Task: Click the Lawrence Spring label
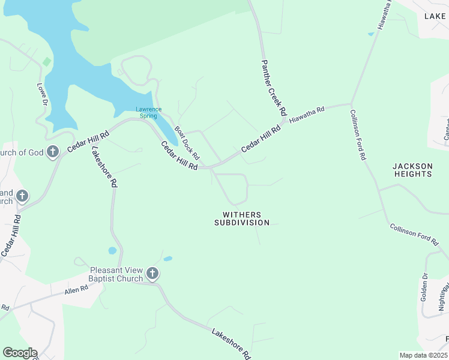(x=148, y=112)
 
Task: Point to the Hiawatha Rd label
(x=306, y=115)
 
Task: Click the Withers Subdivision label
(x=242, y=218)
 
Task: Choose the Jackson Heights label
(x=412, y=170)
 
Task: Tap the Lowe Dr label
(x=42, y=95)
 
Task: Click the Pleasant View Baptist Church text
(x=116, y=274)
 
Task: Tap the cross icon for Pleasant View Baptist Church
(x=152, y=274)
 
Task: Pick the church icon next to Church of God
(x=53, y=152)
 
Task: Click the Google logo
(x=20, y=353)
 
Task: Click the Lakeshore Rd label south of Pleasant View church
(x=231, y=343)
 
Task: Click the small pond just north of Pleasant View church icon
(x=167, y=259)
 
